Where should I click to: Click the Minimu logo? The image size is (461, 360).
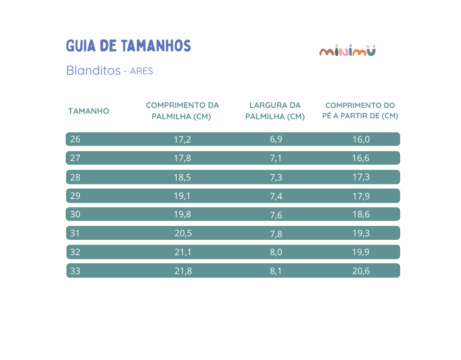pyautogui.click(x=347, y=51)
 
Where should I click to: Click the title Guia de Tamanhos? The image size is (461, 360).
pyautogui.click(x=128, y=46)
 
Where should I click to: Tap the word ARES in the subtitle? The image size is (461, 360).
pyautogui.click(x=141, y=71)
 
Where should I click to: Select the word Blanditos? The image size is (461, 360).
pyautogui.click(x=93, y=71)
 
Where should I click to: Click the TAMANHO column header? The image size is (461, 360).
pyautogui.click(x=89, y=111)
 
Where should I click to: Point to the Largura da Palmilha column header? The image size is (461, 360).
pyautogui.click(x=275, y=111)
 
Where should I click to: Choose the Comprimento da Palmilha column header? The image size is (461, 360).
pyautogui.click(x=182, y=111)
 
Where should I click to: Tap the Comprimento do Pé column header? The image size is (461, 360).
pyautogui.click(x=360, y=111)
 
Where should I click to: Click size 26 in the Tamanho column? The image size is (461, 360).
pyautogui.click(x=75, y=139)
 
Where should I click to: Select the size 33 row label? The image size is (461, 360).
pyautogui.click(x=75, y=271)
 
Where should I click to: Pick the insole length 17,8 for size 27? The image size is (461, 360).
pyautogui.click(x=182, y=158)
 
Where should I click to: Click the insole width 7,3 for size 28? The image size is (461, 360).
pyautogui.click(x=276, y=177)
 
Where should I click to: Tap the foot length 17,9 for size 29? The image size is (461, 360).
pyautogui.click(x=361, y=196)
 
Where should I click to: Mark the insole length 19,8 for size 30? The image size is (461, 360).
pyautogui.click(x=182, y=214)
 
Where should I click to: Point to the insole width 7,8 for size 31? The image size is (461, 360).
pyautogui.click(x=276, y=234)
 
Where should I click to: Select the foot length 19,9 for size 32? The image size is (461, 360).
pyautogui.click(x=361, y=252)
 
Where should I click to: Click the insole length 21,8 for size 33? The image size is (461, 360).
pyautogui.click(x=183, y=271)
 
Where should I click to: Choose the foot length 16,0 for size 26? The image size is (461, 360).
pyautogui.click(x=361, y=139)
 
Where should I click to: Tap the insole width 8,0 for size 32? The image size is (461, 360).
pyautogui.click(x=276, y=252)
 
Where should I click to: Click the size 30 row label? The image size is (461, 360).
pyautogui.click(x=75, y=214)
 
